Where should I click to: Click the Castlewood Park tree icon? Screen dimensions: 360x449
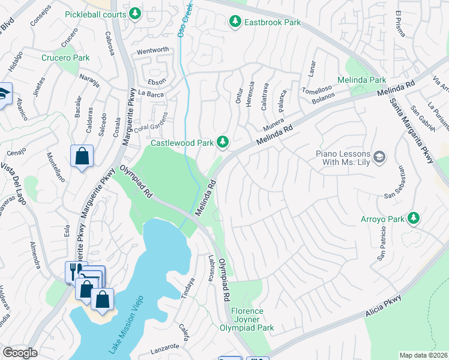tap(223, 142)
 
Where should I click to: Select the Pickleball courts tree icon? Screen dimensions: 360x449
tap(136, 13)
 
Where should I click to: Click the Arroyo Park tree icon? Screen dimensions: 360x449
tap(413, 218)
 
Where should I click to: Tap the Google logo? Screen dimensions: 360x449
tap(19, 353)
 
